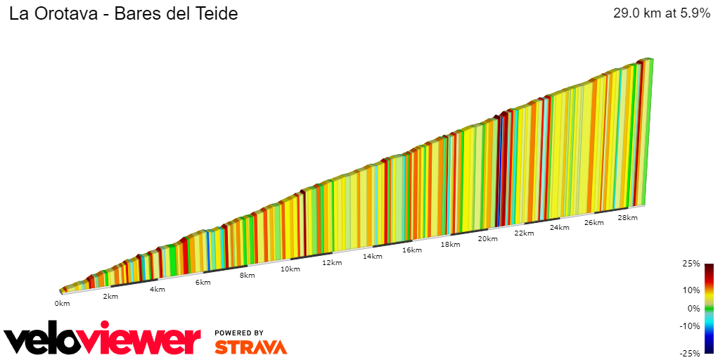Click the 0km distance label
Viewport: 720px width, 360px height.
pos(62,304)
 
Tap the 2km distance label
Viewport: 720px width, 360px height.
pos(110,297)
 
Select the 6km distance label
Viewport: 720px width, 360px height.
pos(202,283)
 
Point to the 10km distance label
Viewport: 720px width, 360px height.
pos(290,269)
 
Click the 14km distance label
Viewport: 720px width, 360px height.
pos(372,257)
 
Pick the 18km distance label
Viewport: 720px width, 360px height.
pos(450,245)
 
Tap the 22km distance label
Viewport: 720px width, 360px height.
pos(524,233)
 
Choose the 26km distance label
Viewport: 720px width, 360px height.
pos(593,223)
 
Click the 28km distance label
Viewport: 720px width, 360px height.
pos(627,218)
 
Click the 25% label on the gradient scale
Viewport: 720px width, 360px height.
pos(691,264)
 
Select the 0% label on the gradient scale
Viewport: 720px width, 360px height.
pos(693,308)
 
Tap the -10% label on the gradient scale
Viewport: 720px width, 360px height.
pos(690,326)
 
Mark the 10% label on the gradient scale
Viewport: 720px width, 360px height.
pos(691,290)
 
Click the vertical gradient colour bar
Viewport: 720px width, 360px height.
pos(709,308)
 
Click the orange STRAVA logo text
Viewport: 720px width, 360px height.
pos(250,347)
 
